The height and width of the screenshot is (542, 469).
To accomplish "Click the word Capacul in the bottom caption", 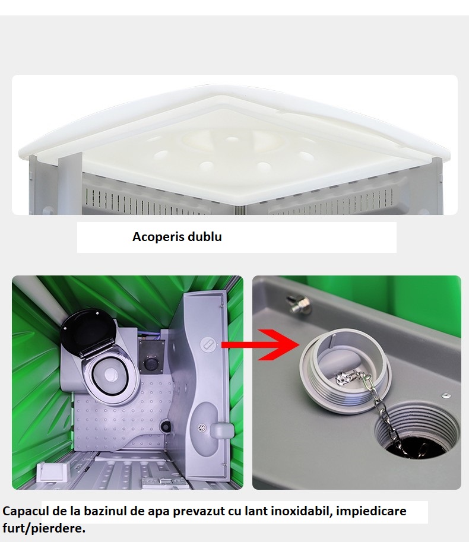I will [24, 511].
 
